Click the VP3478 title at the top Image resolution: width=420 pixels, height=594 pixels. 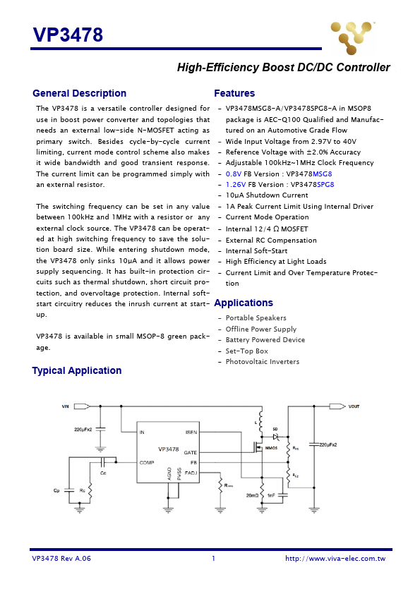(x=68, y=35)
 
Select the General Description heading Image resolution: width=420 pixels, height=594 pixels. (x=79, y=93)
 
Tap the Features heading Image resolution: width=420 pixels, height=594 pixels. (x=234, y=93)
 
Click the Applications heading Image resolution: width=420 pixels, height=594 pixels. (x=244, y=303)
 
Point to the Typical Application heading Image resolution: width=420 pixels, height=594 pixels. (x=76, y=370)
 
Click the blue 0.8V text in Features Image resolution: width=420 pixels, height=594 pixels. (x=234, y=174)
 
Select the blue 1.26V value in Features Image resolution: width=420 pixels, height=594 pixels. (x=236, y=184)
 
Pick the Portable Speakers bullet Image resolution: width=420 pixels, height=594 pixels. (x=256, y=318)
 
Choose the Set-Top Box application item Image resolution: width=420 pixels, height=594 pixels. (x=246, y=351)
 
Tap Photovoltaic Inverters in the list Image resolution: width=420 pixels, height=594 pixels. (x=262, y=362)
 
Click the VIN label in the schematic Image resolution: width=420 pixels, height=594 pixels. (x=66, y=406)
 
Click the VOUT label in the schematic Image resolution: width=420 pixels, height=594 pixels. (x=354, y=406)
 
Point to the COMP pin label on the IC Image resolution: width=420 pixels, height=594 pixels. (x=147, y=462)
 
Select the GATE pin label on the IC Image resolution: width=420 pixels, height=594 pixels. (x=191, y=452)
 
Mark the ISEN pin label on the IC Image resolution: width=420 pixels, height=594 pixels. (x=191, y=432)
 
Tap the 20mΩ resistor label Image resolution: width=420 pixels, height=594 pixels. (x=252, y=495)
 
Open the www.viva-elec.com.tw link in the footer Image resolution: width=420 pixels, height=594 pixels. (x=335, y=558)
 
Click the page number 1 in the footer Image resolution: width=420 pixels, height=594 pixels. (x=212, y=558)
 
